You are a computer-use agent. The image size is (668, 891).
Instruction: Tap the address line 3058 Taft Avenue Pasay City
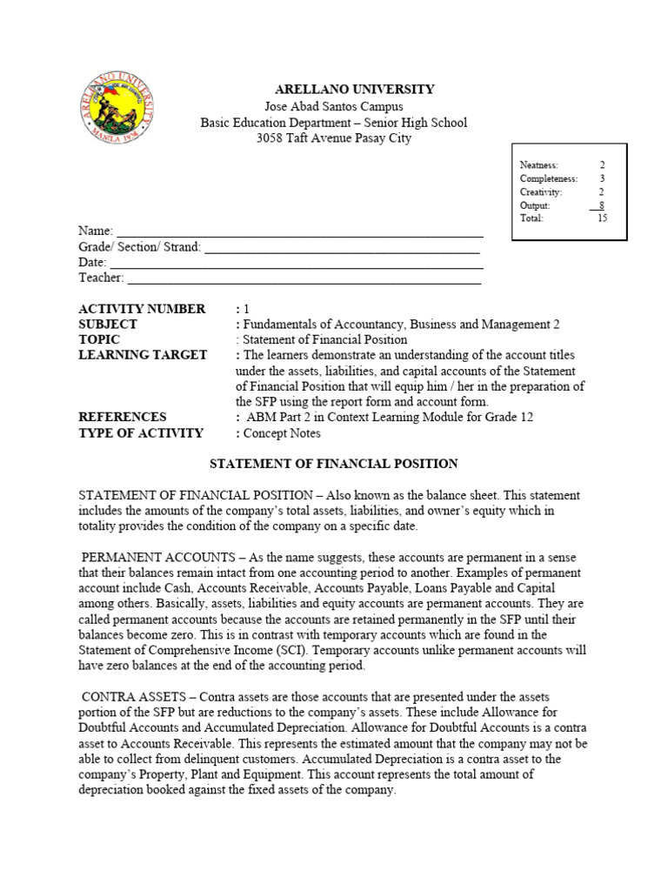pos(334,138)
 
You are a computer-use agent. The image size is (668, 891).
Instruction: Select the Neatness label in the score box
pos(538,164)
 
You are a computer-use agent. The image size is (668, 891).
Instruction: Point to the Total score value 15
pos(602,218)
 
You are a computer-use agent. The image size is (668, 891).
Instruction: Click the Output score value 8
pos(601,205)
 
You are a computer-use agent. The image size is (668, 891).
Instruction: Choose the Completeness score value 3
pos(602,178)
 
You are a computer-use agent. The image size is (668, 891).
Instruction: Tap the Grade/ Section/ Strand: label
pos(139,247)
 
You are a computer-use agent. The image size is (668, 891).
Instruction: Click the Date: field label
pos(92,263)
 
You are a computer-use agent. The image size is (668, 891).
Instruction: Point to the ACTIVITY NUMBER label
pos(142,309)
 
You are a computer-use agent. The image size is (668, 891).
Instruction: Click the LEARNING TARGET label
pos(143,355)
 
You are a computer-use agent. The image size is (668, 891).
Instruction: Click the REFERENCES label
pos(122,418)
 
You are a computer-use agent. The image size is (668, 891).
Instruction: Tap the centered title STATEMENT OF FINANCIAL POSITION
pos(335,464)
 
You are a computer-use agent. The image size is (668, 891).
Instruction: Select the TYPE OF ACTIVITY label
pos(141,433)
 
